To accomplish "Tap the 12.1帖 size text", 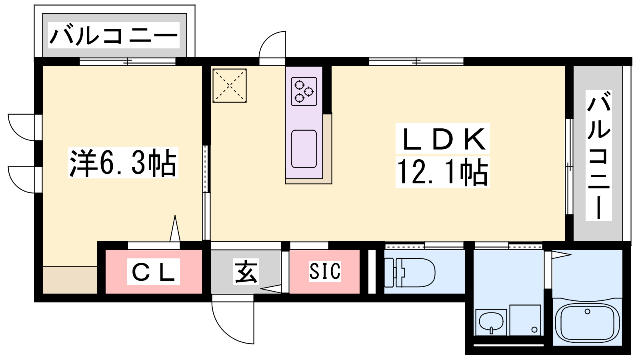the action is (442, 172).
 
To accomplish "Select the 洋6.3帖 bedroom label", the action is (123, 163).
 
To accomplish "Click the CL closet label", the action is (154, 272).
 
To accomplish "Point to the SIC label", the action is (325, 271).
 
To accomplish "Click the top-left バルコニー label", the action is (114, 36).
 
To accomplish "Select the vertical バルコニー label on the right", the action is (598, 156).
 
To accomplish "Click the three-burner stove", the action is (304, 92).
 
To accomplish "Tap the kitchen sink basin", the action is (304, 149).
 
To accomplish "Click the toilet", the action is (410, 272).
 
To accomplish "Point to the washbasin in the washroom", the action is (491, 322).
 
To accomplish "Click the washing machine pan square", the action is (526, 320).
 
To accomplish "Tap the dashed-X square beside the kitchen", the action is (230, 86).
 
